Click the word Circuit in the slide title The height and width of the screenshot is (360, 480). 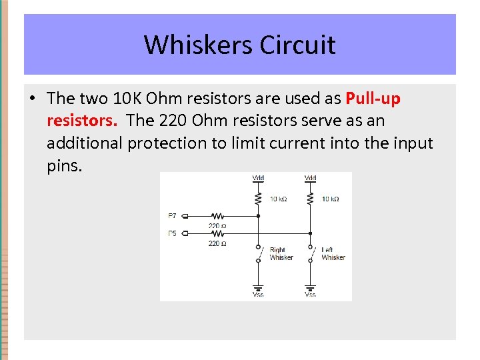(x=297, y=45)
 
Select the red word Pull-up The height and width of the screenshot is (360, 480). (x=373, y=99)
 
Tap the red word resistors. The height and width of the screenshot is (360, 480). (x=83, y=121)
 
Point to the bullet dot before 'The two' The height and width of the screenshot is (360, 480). (x=32, y=99)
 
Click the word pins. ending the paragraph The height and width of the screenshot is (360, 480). (x=65, y=165)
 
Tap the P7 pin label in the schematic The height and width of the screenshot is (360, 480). (x=173, y=216)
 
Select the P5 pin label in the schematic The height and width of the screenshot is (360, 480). (x=173, y=233)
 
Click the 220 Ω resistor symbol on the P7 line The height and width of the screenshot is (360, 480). (x=217, y=216)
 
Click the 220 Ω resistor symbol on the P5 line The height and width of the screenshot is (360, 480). (x=217, y=233)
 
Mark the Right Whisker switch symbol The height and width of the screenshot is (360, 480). (x=259, y=253)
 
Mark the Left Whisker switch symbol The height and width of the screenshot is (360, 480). (x=311, y=253)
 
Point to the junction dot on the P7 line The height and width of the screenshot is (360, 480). (x=259, y=216)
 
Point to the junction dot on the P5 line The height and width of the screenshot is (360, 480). (x=311, y=233)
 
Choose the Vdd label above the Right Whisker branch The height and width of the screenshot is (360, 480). (x=258, y=178)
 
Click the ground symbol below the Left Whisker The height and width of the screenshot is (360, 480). (x=311, y=288)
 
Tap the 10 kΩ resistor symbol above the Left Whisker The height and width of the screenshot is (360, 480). (x=311, y=199)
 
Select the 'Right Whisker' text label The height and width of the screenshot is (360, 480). (x=281, y=254)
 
